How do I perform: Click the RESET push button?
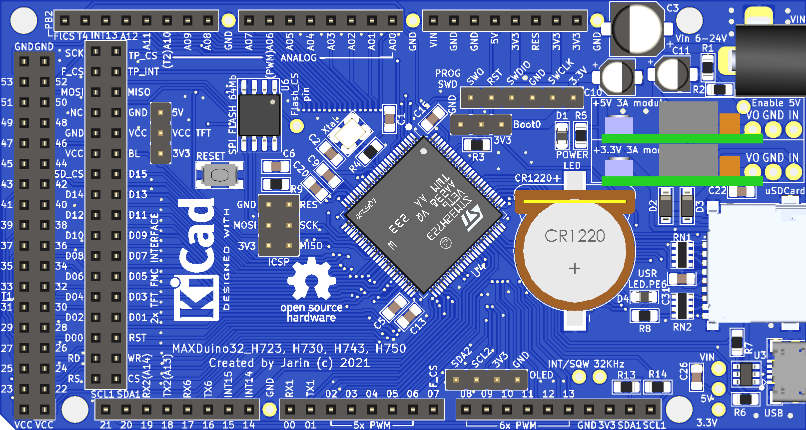[x=219, y=175]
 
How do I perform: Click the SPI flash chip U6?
[x=259, y=115]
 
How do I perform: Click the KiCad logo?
[x=196, y=260]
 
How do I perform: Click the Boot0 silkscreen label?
[x=527, y=124]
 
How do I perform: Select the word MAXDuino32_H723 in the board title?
[x=228, y=348]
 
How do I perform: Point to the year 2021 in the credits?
[x=355, y=363]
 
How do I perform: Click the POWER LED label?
[x=572, y=160]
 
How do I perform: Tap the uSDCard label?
[x=785, y=191]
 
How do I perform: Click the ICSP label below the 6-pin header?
[x=278, y=262]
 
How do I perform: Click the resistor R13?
[x=627, y=387]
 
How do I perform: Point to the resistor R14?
[x=657, y=387]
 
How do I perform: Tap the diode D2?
[x=666, y=205]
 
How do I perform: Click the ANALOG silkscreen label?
[x=299, y=58]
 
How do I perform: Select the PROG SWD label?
[x=448, y=79]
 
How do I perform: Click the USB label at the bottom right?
[x=774, y=413]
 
